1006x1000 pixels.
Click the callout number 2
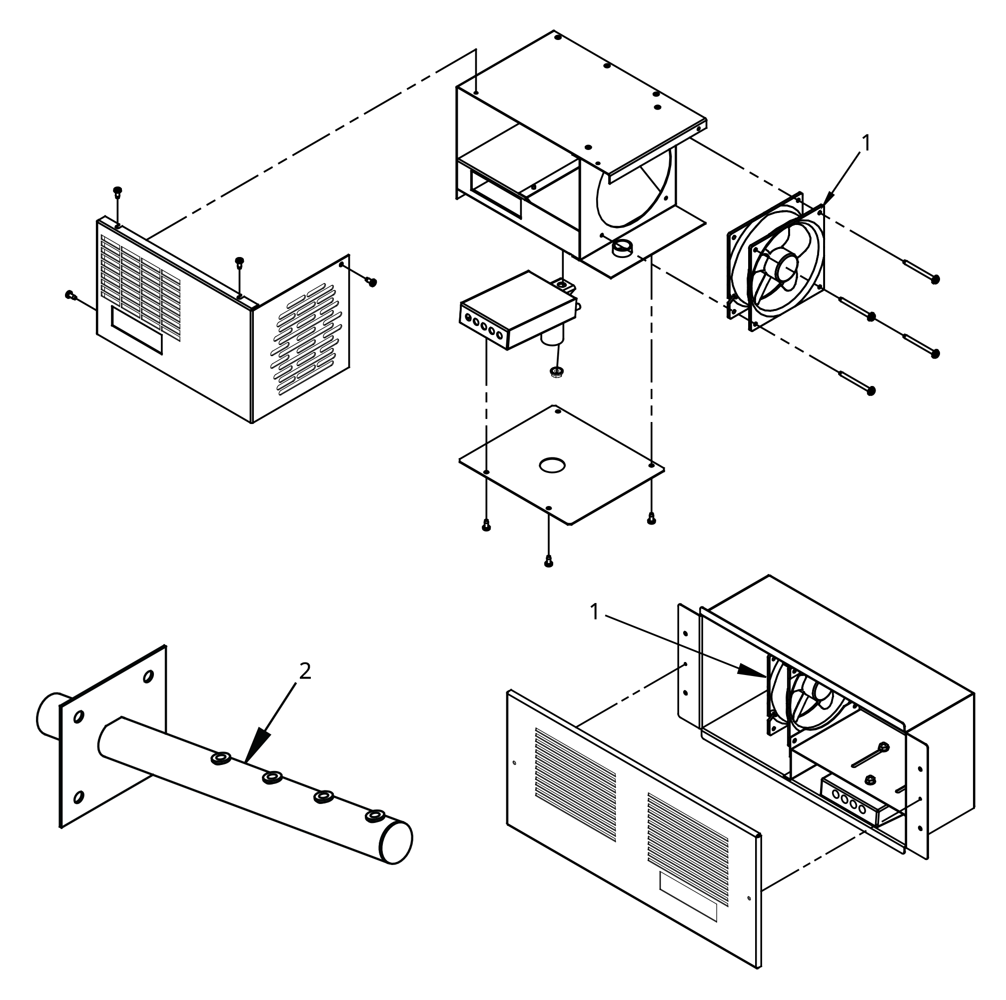[x=305, y=672]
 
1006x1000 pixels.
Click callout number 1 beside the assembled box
[x=595, y=612]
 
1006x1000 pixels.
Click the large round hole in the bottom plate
[x=552, y=465]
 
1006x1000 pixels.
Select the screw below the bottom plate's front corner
[x=548, y=562]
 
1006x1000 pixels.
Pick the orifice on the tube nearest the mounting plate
[x=221, y=759]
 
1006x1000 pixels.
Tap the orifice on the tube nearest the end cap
[x=374, y=815]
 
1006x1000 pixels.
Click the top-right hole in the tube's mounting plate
[x=148, y=676]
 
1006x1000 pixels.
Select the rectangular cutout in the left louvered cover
[x=137, y=336]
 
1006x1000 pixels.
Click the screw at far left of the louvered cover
[x=71, y=296]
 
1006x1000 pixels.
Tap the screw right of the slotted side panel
[x=372, y=282]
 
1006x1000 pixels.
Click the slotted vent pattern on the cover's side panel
[x=307, y=338]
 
